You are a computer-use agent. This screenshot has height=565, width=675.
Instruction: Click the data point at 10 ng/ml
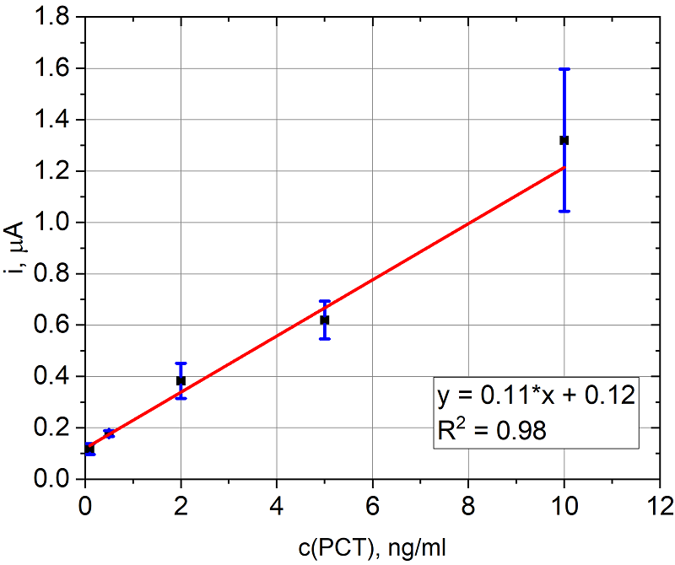(564, 140)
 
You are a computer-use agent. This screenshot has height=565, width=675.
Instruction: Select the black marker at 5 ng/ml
(325, 320)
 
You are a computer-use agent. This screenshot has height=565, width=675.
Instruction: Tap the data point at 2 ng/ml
(181, 380)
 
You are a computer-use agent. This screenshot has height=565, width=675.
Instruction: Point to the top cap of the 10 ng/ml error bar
(564, 69)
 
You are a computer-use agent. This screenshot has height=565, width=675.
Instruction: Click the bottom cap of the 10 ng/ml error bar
(564, 211)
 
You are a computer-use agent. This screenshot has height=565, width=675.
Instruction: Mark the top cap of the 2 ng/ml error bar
(181, 363)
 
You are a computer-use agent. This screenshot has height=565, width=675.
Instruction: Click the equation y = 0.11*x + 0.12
(535, 396)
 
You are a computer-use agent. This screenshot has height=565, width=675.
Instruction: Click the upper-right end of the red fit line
(564, 168)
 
